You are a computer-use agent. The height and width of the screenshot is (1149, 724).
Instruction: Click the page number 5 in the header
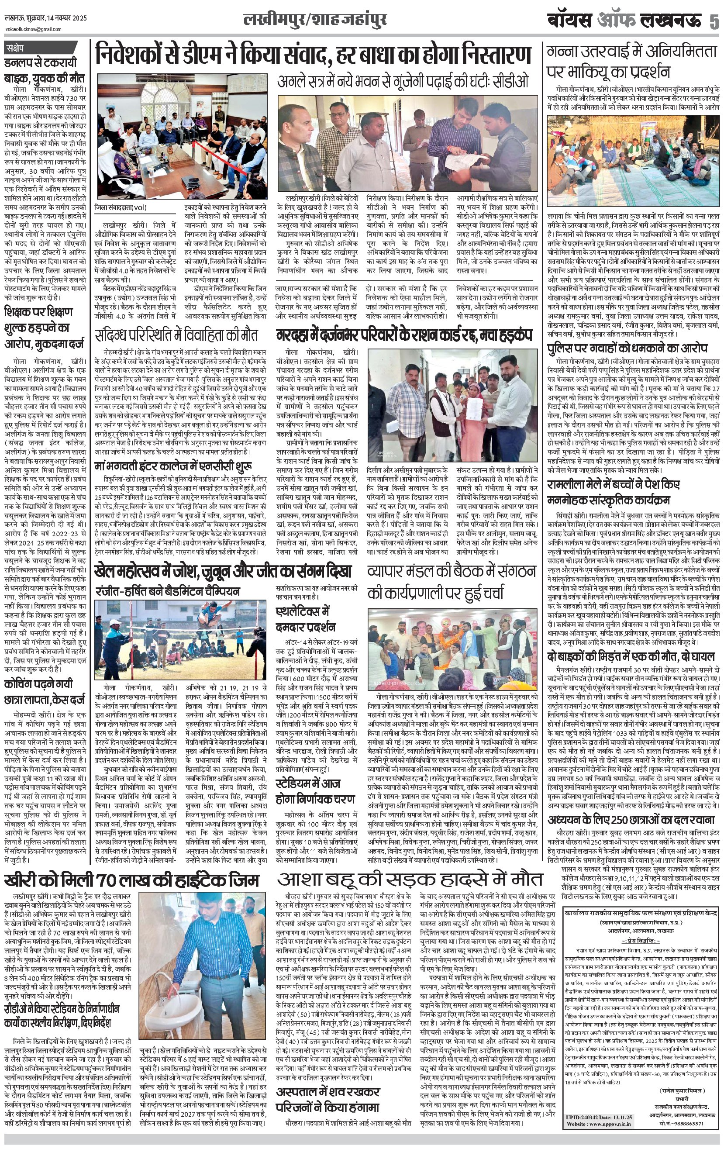(714, 22)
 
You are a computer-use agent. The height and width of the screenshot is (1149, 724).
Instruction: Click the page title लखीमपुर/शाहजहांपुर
(314, 20)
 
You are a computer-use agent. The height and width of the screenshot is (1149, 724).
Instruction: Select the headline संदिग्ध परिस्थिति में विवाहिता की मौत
(176, 335)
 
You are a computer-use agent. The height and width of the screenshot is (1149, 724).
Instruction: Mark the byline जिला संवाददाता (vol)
(121, 207)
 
